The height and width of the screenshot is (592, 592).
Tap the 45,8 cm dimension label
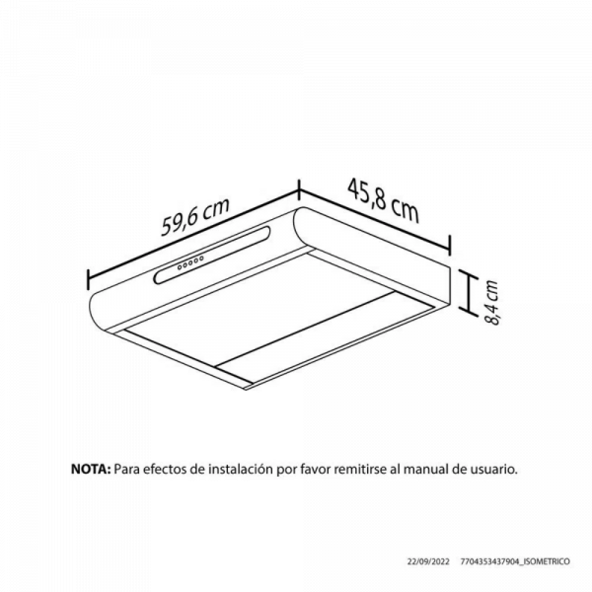[x=383, y=201]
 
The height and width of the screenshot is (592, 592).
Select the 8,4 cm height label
[x=491, y=303]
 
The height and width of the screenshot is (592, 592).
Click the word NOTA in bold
[x=91, y=469]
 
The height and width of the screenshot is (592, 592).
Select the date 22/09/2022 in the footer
[x=428, y=561]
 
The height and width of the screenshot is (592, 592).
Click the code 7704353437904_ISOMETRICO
[x=515, y=561]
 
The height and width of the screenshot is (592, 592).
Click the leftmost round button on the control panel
[x=180, y=267]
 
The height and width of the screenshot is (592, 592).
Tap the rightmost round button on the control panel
[x=201, y=259]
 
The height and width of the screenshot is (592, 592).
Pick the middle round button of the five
[x=190, y=262]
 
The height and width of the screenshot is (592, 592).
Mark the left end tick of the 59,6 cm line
[x=88, y=279]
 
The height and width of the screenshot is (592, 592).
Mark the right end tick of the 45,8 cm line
[x=449, y=246]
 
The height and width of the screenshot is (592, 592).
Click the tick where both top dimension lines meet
[x=299, y=189]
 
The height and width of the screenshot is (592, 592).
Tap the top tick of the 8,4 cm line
[x=469, y=271]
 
